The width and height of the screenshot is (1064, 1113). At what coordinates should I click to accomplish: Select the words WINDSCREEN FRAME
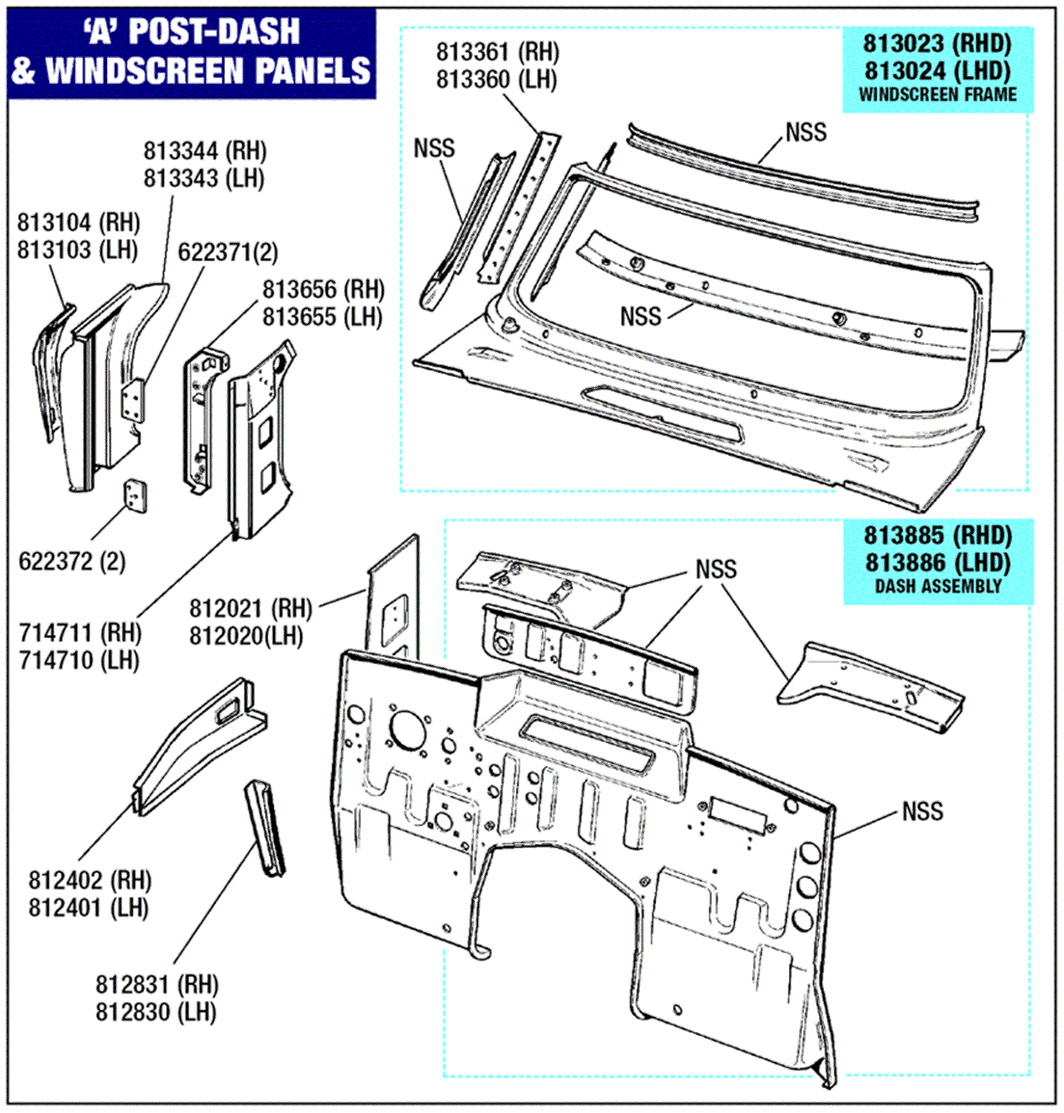click(937, 95)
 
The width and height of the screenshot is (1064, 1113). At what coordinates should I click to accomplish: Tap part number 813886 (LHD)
click(938, 563)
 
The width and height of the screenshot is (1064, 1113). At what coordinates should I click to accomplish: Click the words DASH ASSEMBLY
click(938, 587)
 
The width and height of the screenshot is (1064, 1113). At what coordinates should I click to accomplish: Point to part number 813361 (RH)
click(497, 52)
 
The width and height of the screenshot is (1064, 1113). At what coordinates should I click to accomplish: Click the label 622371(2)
click(227, 253)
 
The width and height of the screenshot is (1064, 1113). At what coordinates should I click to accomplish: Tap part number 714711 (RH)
click(80, 632)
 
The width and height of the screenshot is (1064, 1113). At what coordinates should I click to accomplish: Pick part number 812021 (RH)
click(250, 608)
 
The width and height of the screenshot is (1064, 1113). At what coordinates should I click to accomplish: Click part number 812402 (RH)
click(90, 880)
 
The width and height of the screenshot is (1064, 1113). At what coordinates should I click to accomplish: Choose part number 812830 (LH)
click(156, 1012)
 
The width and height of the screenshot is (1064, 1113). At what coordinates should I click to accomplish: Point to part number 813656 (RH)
click(323, 290)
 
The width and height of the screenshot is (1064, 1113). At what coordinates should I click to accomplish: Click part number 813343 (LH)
click(204, 179)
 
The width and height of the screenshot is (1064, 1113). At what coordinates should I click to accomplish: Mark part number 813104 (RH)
click(78, 223)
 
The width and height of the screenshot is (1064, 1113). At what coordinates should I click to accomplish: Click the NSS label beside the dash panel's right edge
click(922, 811)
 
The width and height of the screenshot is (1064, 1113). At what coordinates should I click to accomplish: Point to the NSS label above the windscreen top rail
click(806, 132)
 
